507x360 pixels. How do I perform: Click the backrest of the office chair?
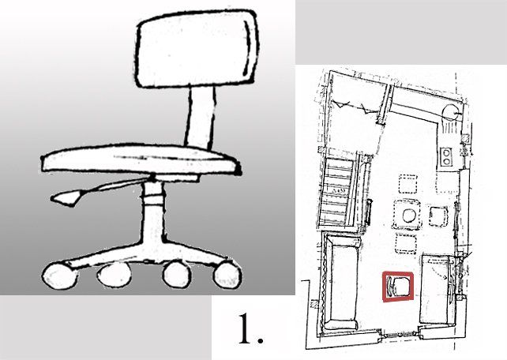tap(196, 48)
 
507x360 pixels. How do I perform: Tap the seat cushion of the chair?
tap(141, 159)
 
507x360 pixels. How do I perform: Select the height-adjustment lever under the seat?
tap(97, 192)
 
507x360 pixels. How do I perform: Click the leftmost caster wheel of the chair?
tap(60, 276)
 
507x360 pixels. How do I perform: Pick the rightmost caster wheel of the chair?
tap(227, 275)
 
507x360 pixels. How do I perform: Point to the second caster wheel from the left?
tap(114, 275)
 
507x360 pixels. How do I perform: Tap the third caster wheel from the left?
tap(177, 274)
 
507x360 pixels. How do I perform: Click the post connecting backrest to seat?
tap(200, 116)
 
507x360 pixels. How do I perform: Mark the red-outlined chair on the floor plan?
tap(398, 287)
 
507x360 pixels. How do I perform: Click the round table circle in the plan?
tap(409, 216)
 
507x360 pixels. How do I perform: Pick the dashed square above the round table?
tap(407, 184)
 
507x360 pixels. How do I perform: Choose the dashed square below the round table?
tap(406, 244)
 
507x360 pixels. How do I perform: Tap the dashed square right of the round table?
tap(438, 216)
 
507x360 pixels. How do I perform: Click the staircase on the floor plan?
tap(337, 190)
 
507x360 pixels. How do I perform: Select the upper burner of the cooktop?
tap(447, 152)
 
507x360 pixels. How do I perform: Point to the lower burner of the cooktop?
tap(447, 161)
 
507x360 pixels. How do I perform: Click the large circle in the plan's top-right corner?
tap(450, 113)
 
